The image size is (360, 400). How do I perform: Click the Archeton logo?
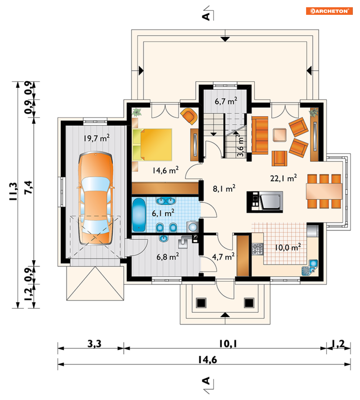pos(329,11)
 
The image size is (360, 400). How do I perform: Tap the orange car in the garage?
pos(96,198)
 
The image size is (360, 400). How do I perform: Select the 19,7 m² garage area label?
pos(97,138)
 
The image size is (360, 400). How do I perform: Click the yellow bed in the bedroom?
pos(152,145)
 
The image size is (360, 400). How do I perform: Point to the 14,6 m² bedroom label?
pos(166,170)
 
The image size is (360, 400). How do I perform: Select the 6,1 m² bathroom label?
pos(163,213)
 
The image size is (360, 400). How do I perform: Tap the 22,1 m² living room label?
pos(283,178)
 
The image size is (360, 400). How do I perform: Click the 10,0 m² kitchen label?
pos(288,247)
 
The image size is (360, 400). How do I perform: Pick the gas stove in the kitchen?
pos(258,249)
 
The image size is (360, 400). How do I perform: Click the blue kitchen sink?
pos(310,267)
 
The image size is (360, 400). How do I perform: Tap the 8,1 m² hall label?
pos(224,189)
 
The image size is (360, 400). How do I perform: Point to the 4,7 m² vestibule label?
pos(223,257)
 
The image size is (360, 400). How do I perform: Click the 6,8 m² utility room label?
pos(168,257)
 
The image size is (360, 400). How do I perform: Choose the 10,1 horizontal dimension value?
pos(228,344)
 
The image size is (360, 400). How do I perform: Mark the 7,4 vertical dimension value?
pos(29,187)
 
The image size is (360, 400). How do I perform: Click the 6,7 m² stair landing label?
pos(226,101)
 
